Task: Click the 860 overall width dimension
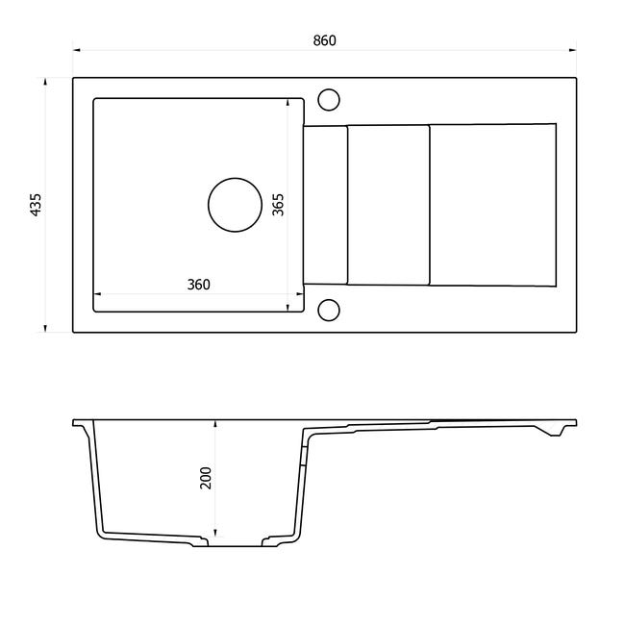[x=324, y=40]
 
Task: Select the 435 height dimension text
[x=36, y=205]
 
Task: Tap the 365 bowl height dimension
[x=278, y=205]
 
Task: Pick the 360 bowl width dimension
[x=198, y=285]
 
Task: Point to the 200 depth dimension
[x=206, y=478]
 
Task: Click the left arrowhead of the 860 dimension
[x=77, y=50]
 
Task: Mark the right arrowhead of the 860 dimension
[x=573, y=50]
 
